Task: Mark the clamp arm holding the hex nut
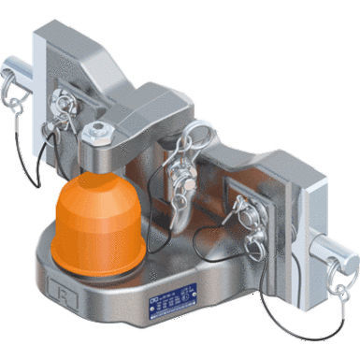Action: point(131,131)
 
